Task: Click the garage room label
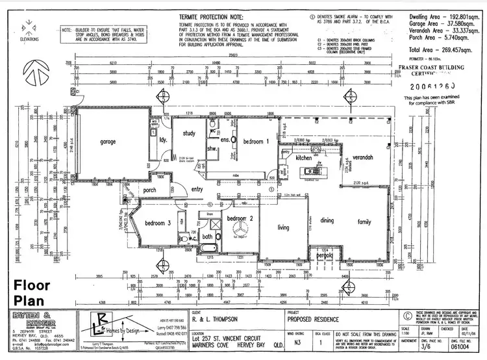tap(107, 142)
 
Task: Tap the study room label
tap(190, 134)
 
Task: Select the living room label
tap(283, 227)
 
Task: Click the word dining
tap(326, 221)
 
